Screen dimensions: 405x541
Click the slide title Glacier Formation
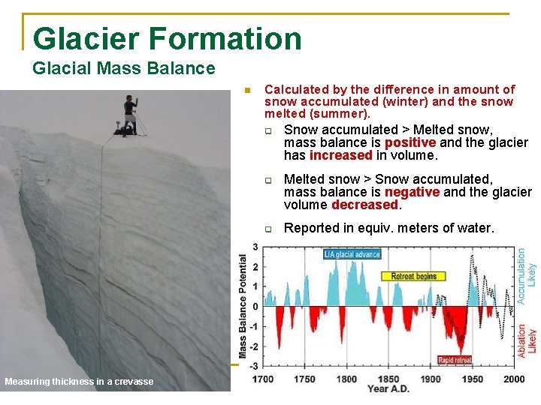(x=167, y=39)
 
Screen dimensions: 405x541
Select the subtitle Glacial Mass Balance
(x=124, y=69)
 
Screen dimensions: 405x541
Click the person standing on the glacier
(x=130, y=115)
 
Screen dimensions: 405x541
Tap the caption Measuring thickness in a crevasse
(x=79, y=382)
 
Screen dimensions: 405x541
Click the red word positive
(x=410, y=142)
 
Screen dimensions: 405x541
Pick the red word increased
(x=340, y=155)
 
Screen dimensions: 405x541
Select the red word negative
(x=412, y=192)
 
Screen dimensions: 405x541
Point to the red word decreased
(x=365, y=205)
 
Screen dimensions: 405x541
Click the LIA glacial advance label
(x=352, y=254)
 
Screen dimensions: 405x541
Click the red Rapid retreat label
(x=455, y=360)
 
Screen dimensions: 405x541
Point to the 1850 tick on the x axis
(x=388, y=379)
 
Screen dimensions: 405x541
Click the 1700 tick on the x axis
(x=262, y=379)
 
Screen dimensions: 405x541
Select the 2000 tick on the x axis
(x=514, y=379)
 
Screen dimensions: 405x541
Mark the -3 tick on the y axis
(x=254, y=365)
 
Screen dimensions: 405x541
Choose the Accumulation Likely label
(x=527, y=276)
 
